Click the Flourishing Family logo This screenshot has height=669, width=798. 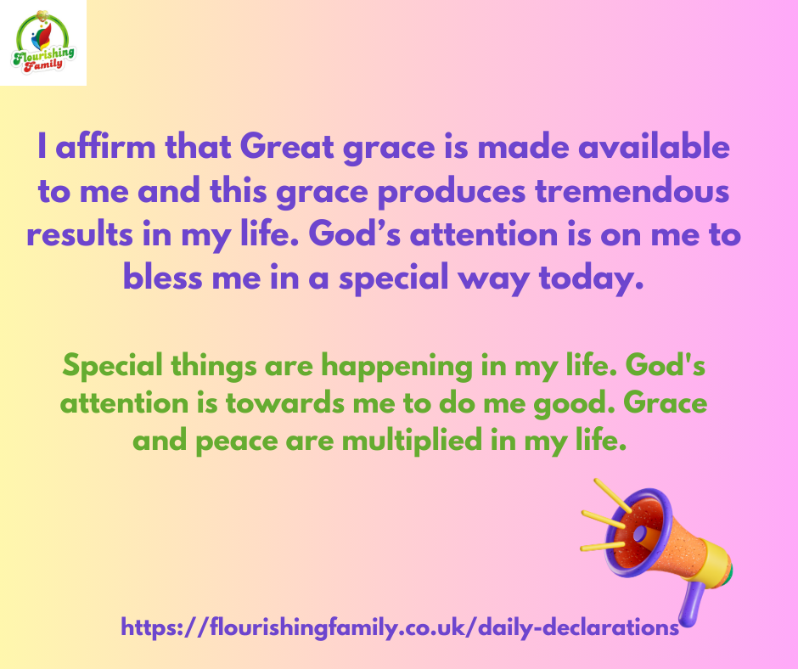click(x=43, y=42)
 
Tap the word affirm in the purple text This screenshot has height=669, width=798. click(x=105, y=147)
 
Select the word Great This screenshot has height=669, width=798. click(x=287, y=147)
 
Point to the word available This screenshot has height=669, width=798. click(x=654, y=147)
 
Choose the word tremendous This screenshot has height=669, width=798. click(x=632, y=191)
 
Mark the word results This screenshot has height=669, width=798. click(x=80, y=234)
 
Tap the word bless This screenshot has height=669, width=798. click(x=162, y=278)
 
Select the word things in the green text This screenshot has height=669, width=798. click(x=214, y=367)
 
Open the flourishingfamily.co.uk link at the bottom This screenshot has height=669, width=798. click(x=400, y=627)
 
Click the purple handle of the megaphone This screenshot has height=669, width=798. click(x=692, y=604)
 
